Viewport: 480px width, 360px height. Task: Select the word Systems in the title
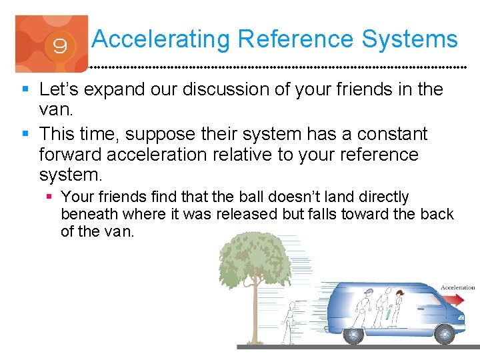tap(410, 39)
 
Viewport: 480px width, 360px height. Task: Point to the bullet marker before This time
tap(25, 135)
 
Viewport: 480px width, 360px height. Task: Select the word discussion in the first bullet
tap(227, 89)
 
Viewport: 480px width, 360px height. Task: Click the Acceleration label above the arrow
tap(457, 287)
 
